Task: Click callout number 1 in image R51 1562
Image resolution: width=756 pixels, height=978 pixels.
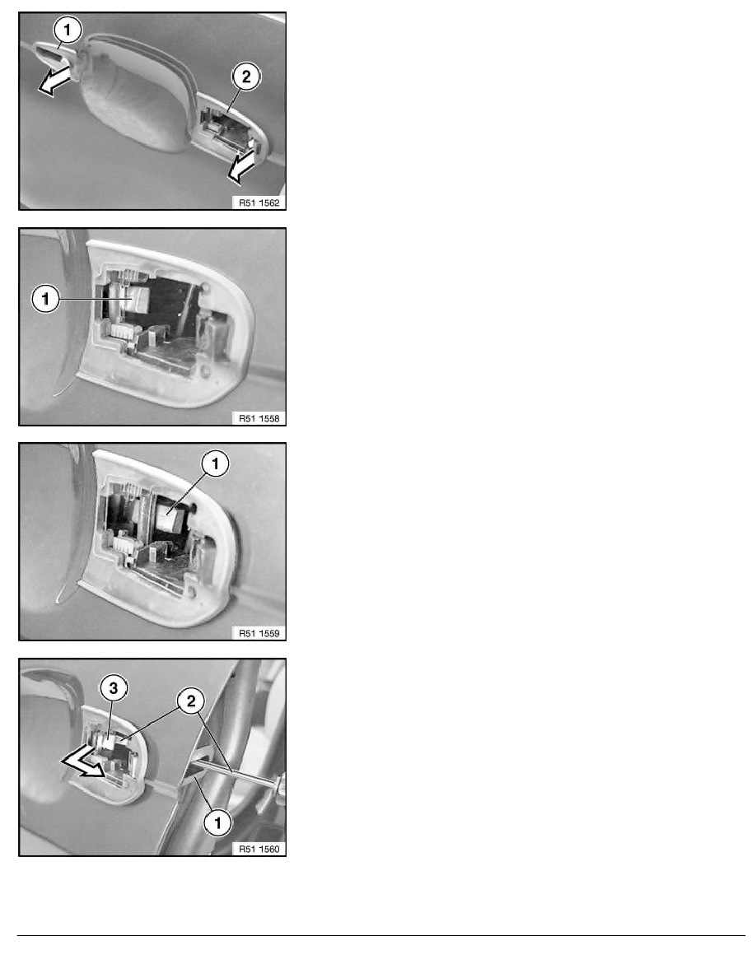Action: [68, 29]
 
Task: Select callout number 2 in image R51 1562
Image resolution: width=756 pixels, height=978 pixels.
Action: [245, 77]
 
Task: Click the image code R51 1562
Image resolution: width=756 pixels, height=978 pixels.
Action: [259, 203]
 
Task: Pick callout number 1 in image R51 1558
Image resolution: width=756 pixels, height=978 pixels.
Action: [45, 299]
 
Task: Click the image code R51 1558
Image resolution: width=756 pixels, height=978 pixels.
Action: [259, 418]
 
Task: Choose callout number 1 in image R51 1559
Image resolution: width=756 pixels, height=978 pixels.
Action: [216, 463]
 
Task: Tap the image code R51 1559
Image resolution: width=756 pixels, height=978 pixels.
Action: [259, 633]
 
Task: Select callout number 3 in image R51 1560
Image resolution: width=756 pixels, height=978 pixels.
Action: [114, 688]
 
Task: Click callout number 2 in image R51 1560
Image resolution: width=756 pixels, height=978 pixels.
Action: [191, 701]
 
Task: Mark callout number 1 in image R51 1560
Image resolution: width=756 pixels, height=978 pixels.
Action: [217, 822]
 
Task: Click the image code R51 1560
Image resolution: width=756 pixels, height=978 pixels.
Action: [259, 849]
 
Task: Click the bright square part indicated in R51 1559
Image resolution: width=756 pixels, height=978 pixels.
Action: [168, 519]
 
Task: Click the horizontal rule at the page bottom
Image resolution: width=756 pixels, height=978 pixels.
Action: [381, 935]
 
